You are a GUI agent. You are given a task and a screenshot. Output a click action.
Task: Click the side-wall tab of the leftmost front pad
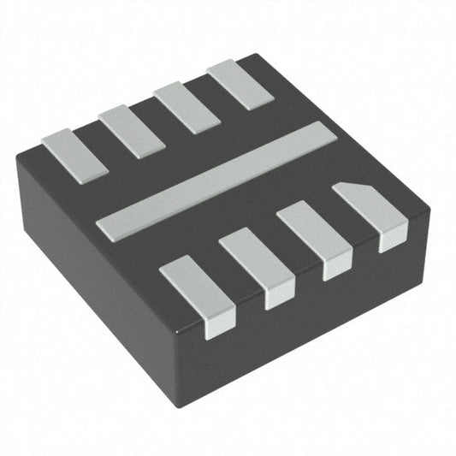(219, 320)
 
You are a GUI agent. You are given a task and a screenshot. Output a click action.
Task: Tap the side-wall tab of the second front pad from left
(279, 295)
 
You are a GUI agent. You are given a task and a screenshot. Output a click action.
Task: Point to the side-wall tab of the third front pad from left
(335, 267)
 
